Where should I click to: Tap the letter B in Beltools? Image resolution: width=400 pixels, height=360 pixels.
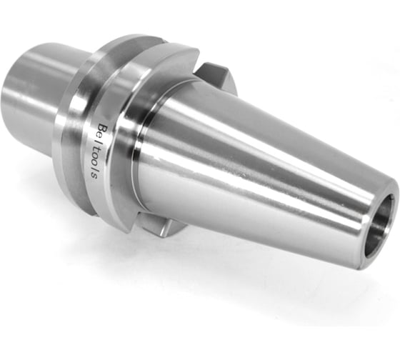tap(99, 126)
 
